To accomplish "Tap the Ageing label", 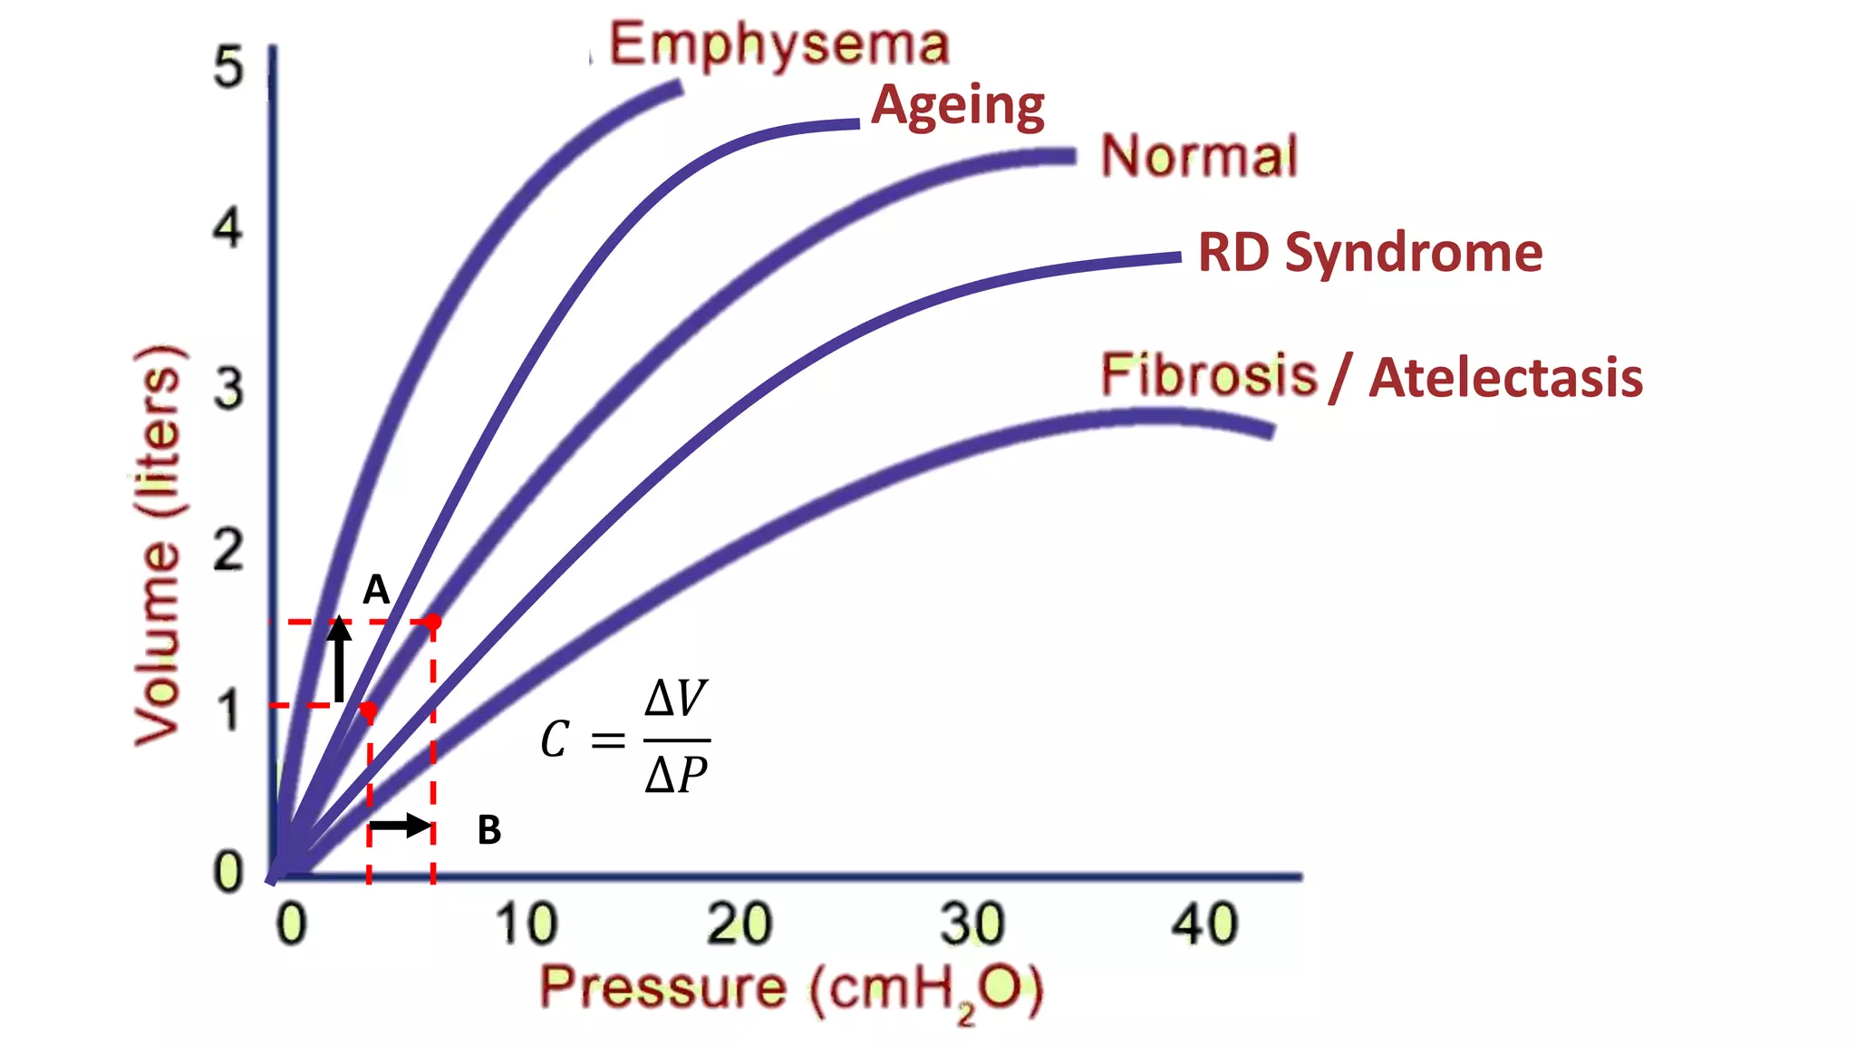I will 958,105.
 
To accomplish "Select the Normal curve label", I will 1199,156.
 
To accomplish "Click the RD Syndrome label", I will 1369,252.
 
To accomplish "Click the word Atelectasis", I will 1505,378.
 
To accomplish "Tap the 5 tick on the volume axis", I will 228,67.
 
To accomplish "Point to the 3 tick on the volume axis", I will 228,390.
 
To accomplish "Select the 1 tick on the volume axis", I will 228,711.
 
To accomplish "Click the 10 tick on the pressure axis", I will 525,924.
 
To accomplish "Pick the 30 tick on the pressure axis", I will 971,924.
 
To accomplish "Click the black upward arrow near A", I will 339,659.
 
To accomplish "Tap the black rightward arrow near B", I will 401,826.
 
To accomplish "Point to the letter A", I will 376,591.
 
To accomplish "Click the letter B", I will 489,830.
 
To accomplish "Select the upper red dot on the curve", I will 433,622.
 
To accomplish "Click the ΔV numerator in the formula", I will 676,699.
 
